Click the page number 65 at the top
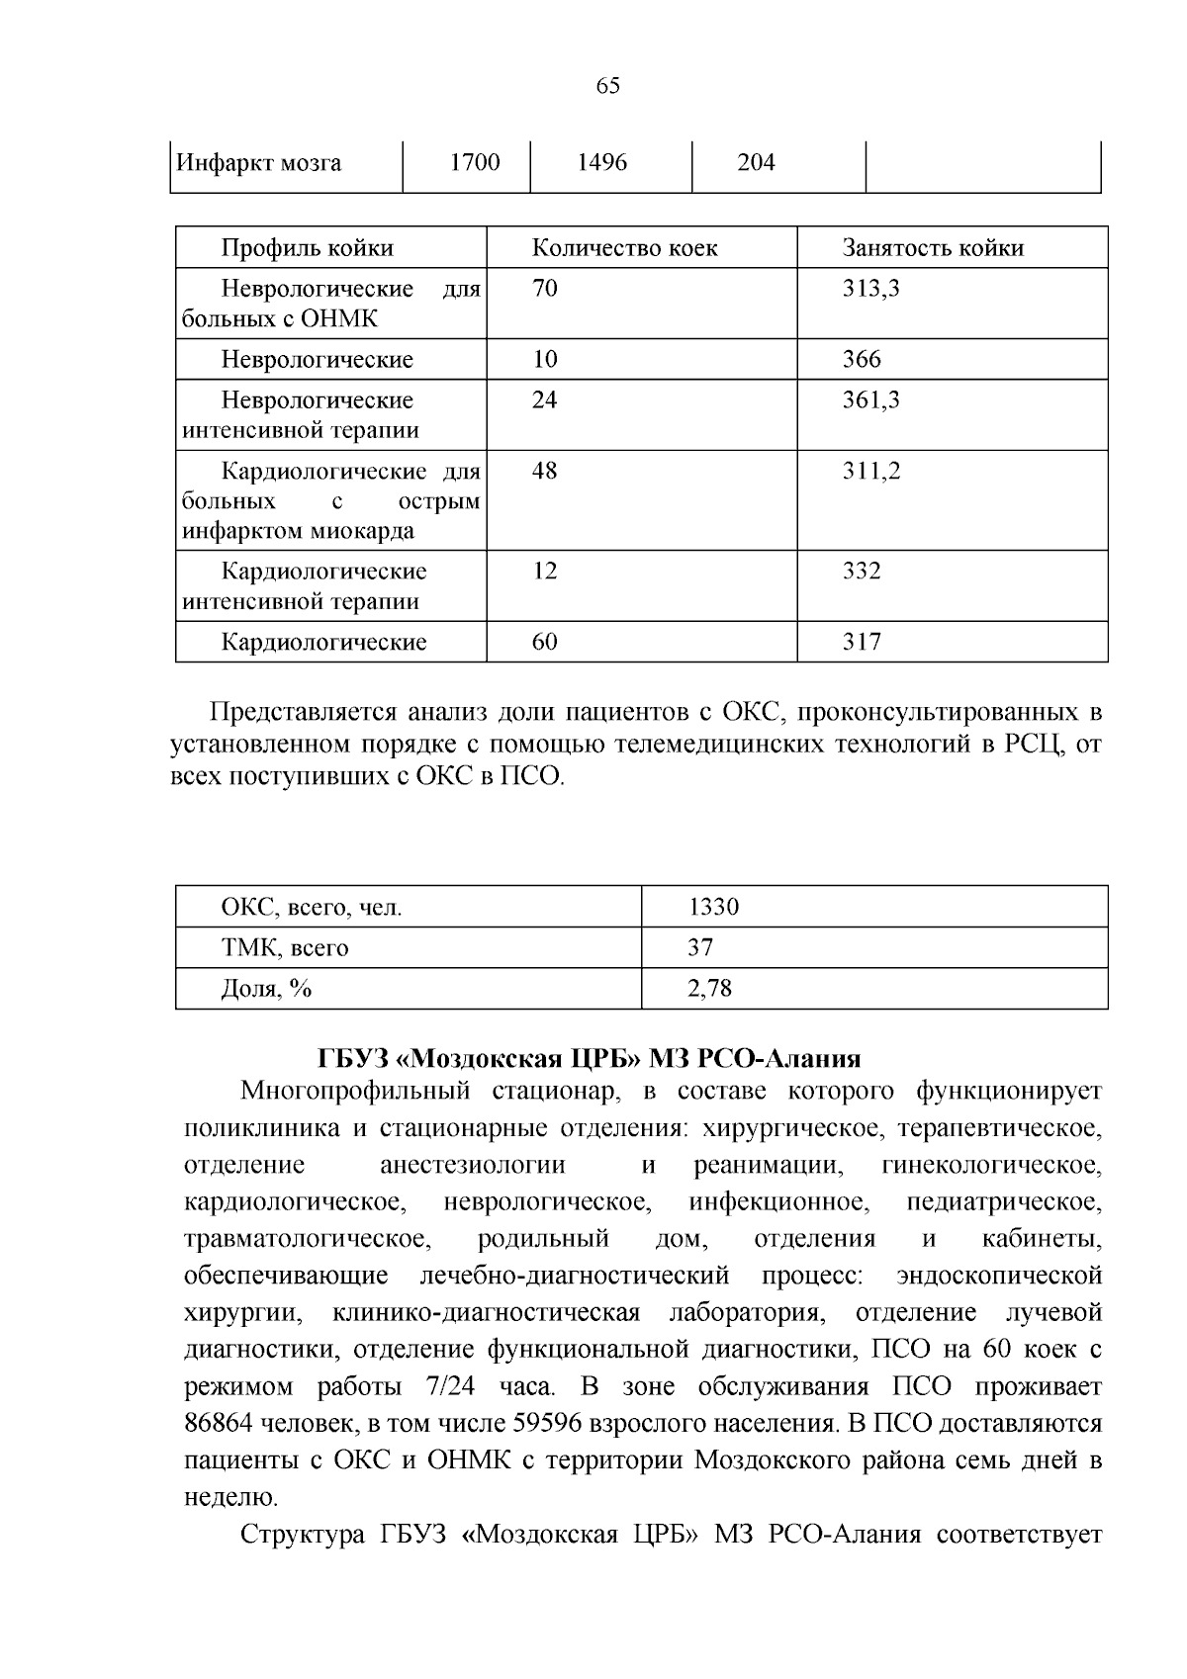click(608, 86)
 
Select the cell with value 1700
click(475, 163)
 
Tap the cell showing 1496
click(601, 163)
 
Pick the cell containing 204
click(757, 163)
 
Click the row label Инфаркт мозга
click(259, 163)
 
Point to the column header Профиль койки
click(307, 248)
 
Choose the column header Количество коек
click(625, 248)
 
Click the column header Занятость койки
click(933, 248)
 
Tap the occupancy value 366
click(862, 360)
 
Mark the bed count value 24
click(545, 400)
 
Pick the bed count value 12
click(545, 572)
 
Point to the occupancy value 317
click(862, 643)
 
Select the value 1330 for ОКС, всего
click(714, 908)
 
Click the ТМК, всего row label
click(285, 948)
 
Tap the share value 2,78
click(710, 989)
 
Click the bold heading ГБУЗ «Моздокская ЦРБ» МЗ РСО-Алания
click(590, 1059)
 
